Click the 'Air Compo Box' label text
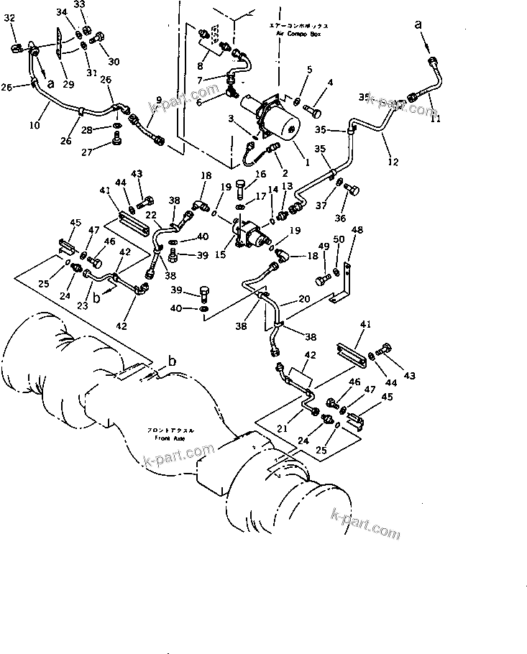point(298,32)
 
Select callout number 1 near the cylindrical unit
point(307,162)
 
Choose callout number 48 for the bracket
point(357,231)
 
